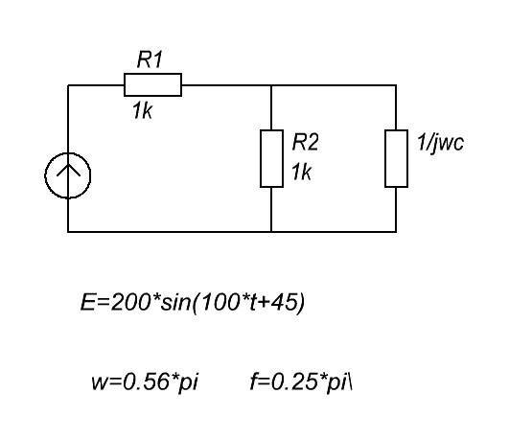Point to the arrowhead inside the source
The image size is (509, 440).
tap(68, 170)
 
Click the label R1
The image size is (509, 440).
tap(150, 59)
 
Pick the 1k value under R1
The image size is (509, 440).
tap(142, 111)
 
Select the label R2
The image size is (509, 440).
tap(305, 142)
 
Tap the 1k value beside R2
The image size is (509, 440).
tap(302, 172)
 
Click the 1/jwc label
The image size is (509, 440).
tap(441, 143)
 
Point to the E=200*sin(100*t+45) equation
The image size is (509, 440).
tap(193, 303)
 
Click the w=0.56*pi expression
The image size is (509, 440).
tap(145, 382)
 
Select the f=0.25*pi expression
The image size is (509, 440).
tap(301, 382)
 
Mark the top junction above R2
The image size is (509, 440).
tap(271, 85)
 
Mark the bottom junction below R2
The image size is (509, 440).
tap(271, 232)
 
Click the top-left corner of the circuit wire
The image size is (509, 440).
tap(68, 85)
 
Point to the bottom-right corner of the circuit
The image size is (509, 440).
tap(396, 232)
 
